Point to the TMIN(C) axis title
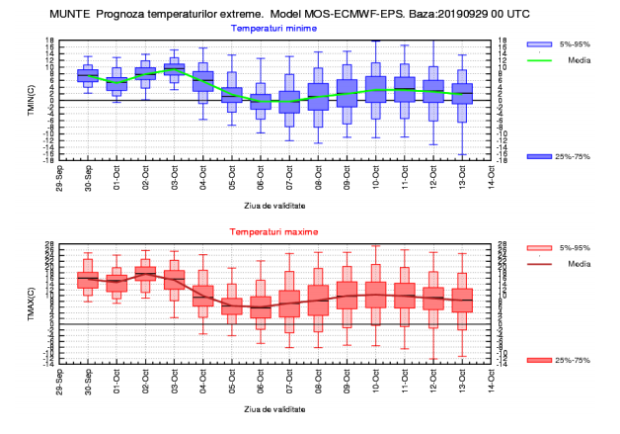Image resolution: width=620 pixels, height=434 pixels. pos(33,99)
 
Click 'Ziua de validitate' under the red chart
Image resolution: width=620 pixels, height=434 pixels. pos(274,406)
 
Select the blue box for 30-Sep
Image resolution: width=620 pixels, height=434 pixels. pos(87,75)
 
